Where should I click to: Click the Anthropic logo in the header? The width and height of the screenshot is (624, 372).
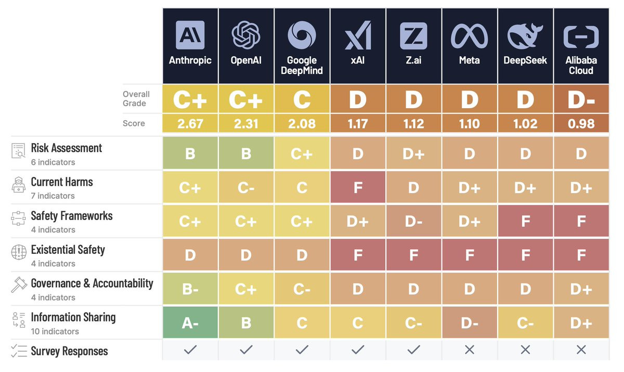[x=190, y=35]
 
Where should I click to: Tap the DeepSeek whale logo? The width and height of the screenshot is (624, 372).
[x=525, y=35]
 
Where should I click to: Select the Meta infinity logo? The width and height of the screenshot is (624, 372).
[x=469, y=35]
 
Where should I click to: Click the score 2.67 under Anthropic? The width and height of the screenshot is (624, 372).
[x=190, y=124]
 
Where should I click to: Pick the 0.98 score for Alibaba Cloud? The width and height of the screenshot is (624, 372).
[x=581, y=124]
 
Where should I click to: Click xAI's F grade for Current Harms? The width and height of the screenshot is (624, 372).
[x=358, y=187]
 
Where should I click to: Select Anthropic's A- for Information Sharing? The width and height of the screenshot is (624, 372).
[x=190, y=323]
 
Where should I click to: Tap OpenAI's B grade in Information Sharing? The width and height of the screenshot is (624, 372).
[x=246, y=323]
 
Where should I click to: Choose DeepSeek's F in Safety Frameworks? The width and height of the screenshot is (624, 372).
[x=525, y=221]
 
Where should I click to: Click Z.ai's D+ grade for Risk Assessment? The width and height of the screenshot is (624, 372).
[x=413, y=153]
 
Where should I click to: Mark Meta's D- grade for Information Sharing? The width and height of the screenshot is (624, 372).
[x=469, y=323]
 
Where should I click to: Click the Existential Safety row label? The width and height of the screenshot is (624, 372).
[x=68, y=250]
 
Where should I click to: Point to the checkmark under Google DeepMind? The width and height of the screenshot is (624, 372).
[x=302, y=350]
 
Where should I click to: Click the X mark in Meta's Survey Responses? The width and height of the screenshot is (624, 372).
[x=469, y=350]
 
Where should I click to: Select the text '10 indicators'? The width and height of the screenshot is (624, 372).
[x=55, y=331]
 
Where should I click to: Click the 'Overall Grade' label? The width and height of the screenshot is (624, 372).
[x=136, y=99]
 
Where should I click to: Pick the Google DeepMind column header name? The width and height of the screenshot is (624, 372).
[x=302, y=65]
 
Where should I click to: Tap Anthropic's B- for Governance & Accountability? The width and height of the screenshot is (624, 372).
[x=190, y=289]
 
